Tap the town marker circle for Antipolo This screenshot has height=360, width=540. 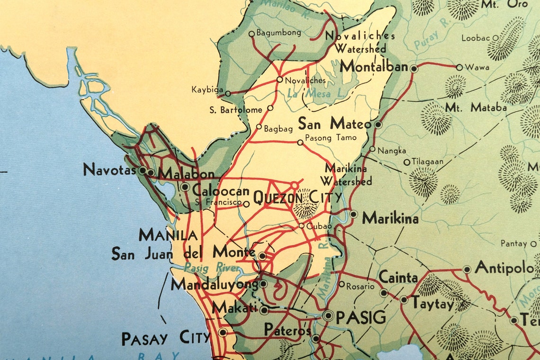[467, 270]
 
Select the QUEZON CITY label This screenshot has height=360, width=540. [297, 197]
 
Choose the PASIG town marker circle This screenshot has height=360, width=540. [328, 316]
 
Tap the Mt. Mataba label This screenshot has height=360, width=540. [476, 108]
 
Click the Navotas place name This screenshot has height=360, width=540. [110, 169]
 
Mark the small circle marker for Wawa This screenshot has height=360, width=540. [459, 67]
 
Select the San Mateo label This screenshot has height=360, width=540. [334, 124]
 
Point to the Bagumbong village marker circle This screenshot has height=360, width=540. [252, 34]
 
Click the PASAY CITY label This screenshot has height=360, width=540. [165, 338]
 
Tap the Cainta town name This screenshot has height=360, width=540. [398, 278]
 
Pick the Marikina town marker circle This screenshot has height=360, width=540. [353, 214]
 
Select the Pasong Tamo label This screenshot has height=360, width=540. [330, 138]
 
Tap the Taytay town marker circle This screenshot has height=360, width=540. [404, 299]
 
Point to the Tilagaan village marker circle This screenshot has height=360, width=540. [406, 162]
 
